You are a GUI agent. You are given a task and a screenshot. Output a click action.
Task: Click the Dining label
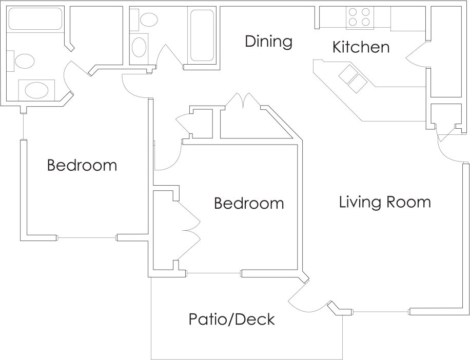[x=268, y=42]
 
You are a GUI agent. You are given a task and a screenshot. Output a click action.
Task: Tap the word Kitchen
[x=361, y=47]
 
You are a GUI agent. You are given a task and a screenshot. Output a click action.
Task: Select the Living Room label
[x=385, y=202]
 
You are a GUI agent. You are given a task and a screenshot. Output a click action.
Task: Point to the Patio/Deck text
[x=231, y=319]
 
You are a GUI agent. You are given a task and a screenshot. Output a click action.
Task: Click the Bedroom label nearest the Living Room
[x=248, y=204]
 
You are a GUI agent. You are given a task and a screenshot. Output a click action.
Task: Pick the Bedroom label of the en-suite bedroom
[x=82, y=166]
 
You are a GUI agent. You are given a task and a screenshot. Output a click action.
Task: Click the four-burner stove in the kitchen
[x=359, y=17]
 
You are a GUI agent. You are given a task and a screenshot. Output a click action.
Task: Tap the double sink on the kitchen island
[x=353, y=79]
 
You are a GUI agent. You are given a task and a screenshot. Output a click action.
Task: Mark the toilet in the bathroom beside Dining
[x=148, y=19]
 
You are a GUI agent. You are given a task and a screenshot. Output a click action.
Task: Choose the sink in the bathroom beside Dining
[x=139, y=48]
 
